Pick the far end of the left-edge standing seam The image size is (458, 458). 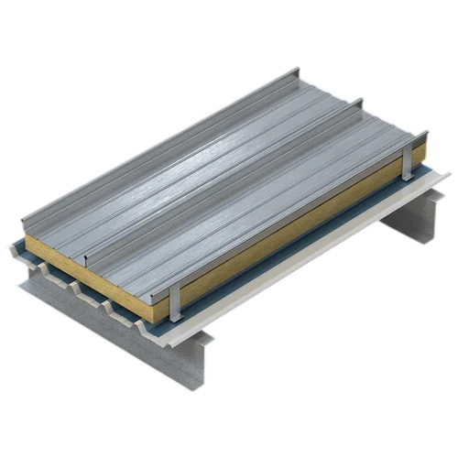click(295, 70)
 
